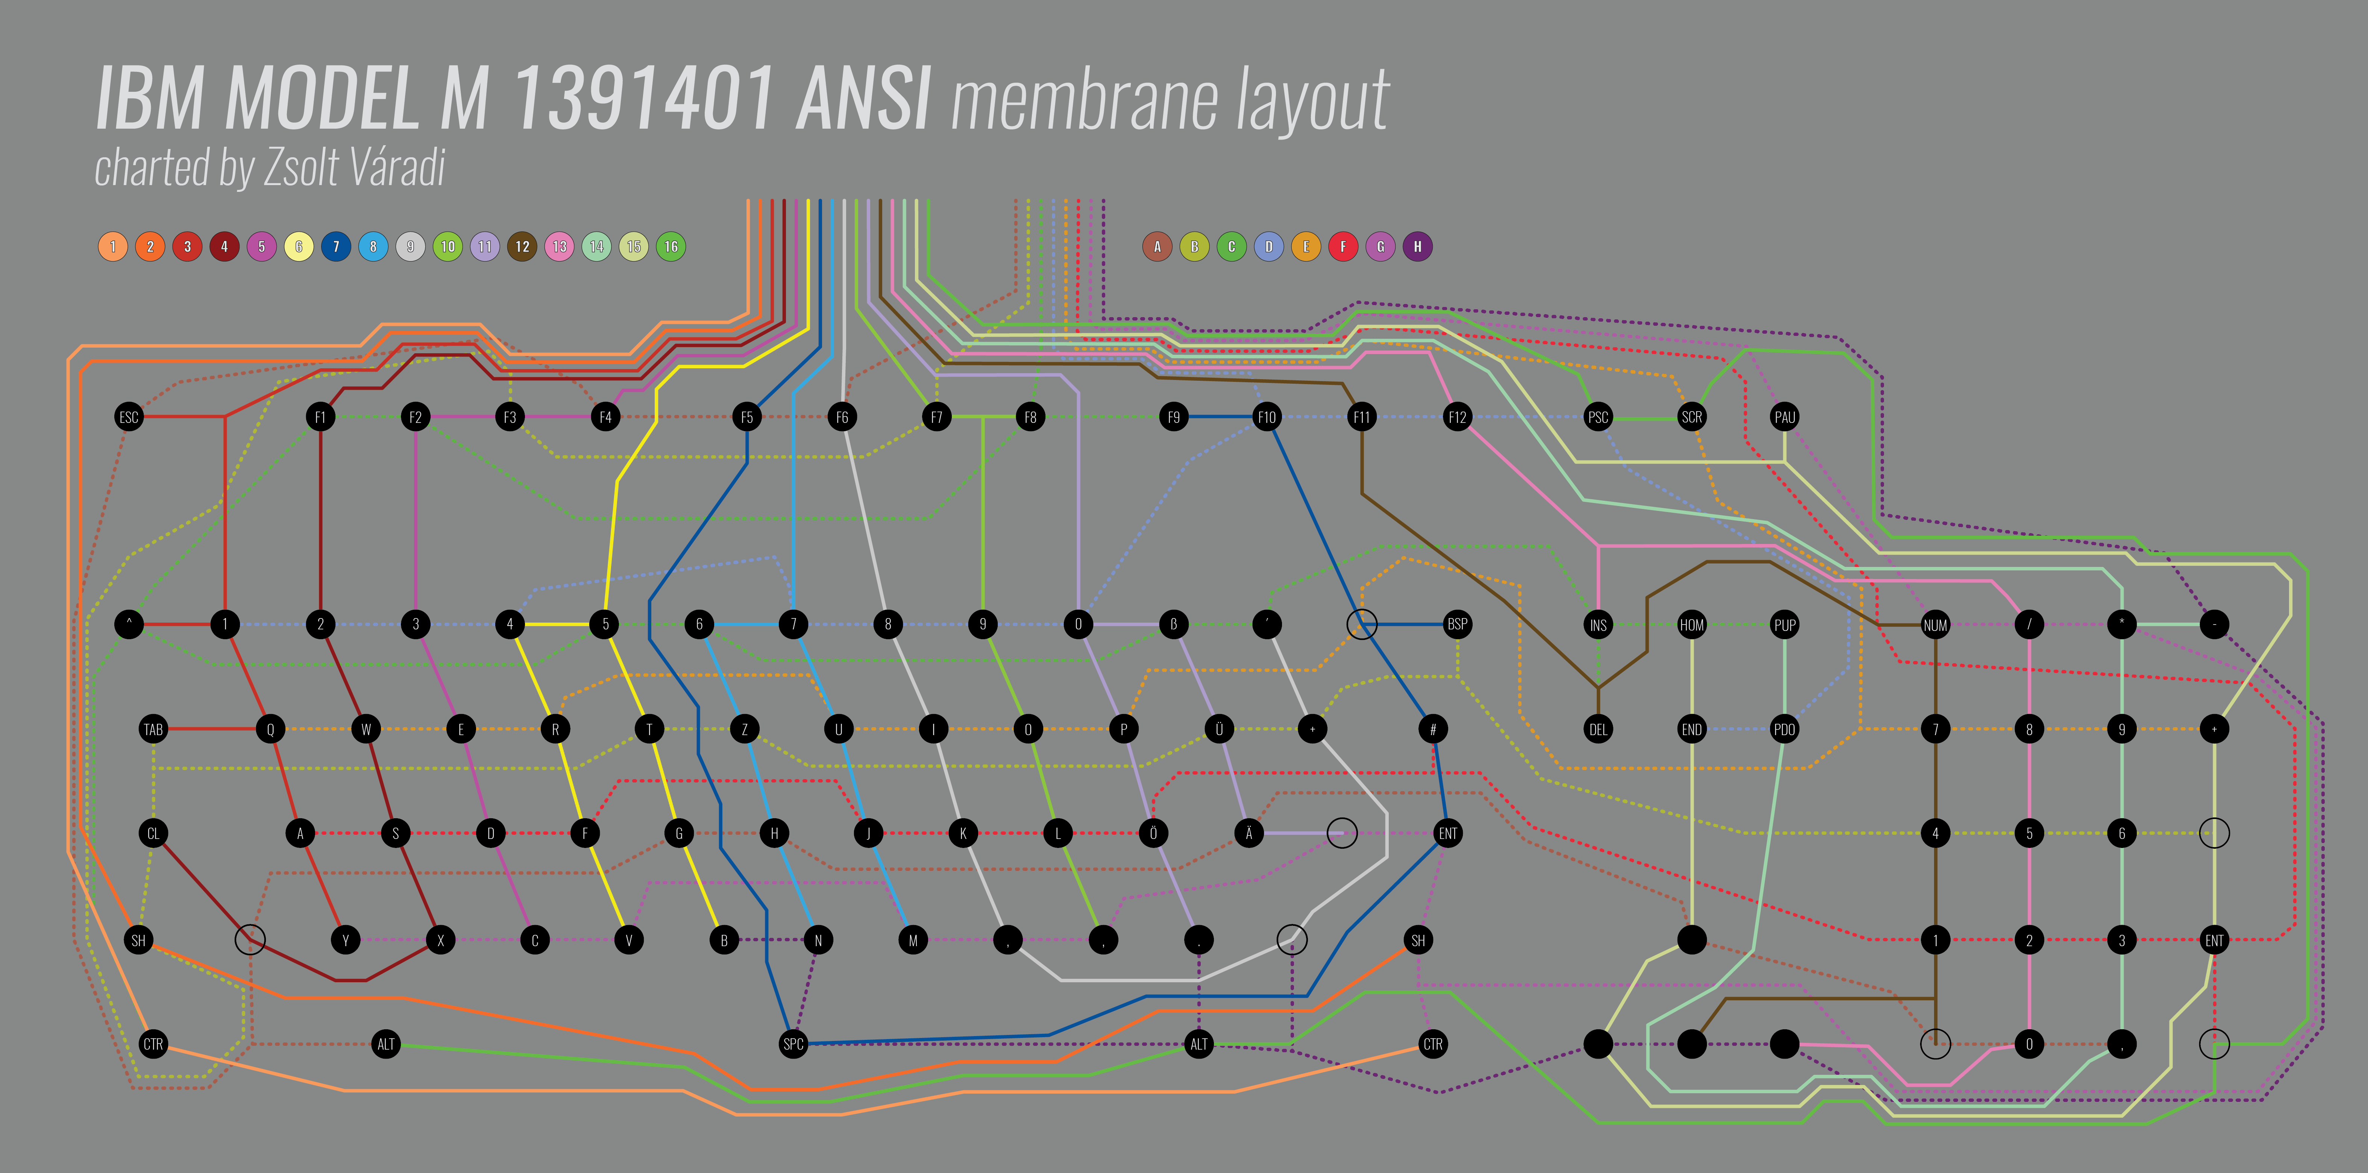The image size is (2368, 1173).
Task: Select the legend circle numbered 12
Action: coord(522,246)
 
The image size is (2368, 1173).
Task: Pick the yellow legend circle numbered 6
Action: coord(299,246)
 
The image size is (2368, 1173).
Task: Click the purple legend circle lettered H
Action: coord(1417,246)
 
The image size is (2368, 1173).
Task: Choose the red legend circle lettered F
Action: coord(1343,246)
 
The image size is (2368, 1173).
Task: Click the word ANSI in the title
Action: coord(864,99)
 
